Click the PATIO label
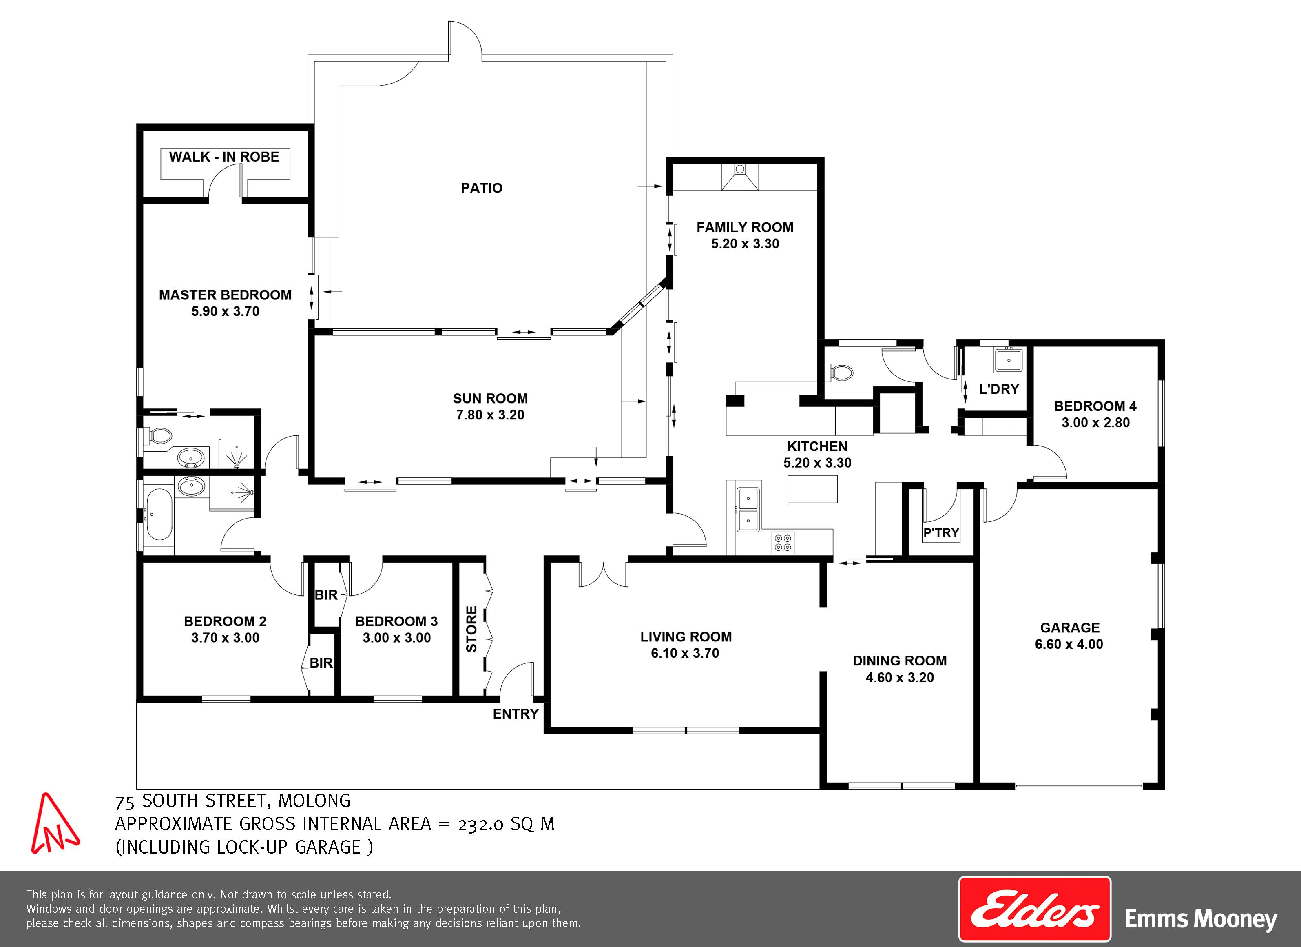(x=481, y=188)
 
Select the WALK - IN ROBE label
(x=224, y=157)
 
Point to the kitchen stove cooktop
(x=783, y=542)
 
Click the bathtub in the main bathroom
(x=158, y=515)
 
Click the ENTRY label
(x=516, y=714)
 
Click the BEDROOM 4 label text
(x=1095, y=406)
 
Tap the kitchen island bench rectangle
(x=812, y=489)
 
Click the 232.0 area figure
(x=481, y=824)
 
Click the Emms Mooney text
(x=1201, y=919)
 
